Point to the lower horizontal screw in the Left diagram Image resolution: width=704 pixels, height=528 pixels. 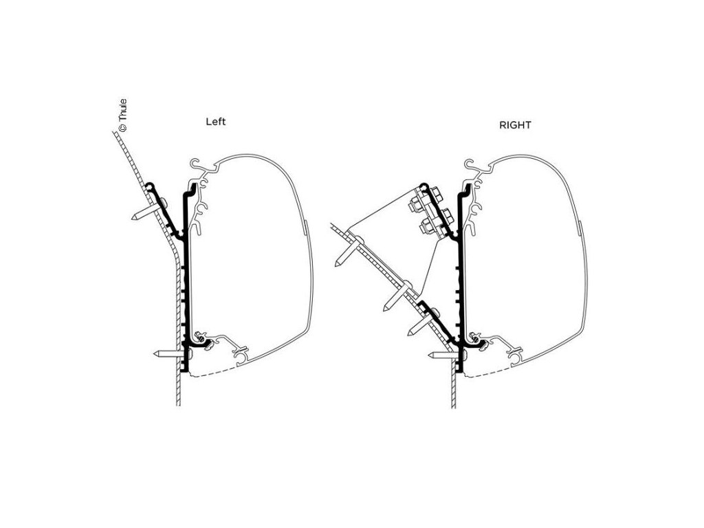[168, 354]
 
